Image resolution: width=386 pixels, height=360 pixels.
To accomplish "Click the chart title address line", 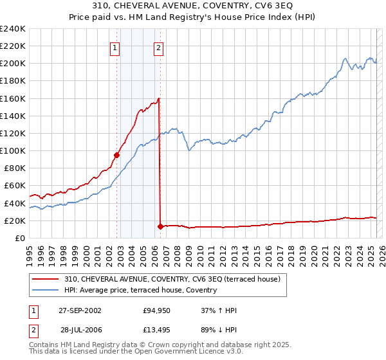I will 192,6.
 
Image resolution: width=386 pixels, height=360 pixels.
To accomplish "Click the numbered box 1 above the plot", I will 115,47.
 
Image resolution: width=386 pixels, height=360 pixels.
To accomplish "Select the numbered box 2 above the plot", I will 158,47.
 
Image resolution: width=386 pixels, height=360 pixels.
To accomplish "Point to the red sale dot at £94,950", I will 117,155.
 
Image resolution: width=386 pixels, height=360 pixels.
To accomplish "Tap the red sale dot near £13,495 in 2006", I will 160,226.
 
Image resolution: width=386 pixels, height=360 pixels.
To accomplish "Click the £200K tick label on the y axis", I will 13,64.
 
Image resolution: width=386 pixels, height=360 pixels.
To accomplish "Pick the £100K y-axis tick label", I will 13,150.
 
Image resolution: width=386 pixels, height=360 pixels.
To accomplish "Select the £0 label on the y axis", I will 19,238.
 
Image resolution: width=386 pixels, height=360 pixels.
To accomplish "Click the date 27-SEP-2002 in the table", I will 80,310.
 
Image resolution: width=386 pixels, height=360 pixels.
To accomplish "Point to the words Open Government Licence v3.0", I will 175,352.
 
